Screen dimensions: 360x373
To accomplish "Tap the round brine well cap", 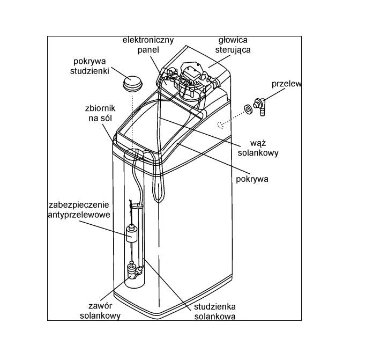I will (x=132, y=83).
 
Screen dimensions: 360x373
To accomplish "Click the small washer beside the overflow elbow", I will (x=248, y=109).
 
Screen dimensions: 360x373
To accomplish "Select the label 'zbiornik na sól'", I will (x=96, y=113).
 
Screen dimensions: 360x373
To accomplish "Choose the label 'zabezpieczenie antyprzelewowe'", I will (x=78, y=210).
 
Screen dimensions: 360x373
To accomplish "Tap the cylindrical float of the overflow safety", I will (x=132, y=234).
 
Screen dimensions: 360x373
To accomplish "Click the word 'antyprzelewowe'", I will (x=78, y=215).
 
